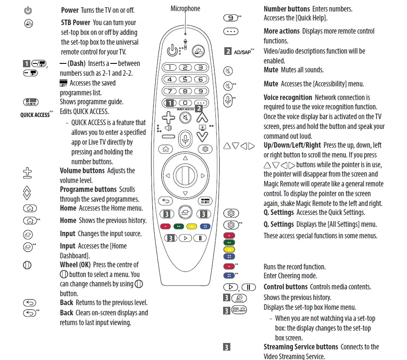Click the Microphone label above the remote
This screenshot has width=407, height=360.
click(185, 9)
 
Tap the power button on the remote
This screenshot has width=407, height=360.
click(172, 51)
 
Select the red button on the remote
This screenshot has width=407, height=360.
click(166, 226)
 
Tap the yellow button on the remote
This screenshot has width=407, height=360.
click(192, 226)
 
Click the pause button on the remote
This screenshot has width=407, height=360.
click(200, 238)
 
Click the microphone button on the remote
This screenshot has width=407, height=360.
click(185, 139)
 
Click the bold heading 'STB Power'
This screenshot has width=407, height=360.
click(76, 23)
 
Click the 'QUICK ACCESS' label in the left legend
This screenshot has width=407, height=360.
click(35, 115)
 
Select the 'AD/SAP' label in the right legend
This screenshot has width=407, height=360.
click(242, 52)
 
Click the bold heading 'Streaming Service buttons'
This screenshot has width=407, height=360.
click(301, 347)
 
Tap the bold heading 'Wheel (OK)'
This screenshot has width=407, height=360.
click(75, 265)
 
